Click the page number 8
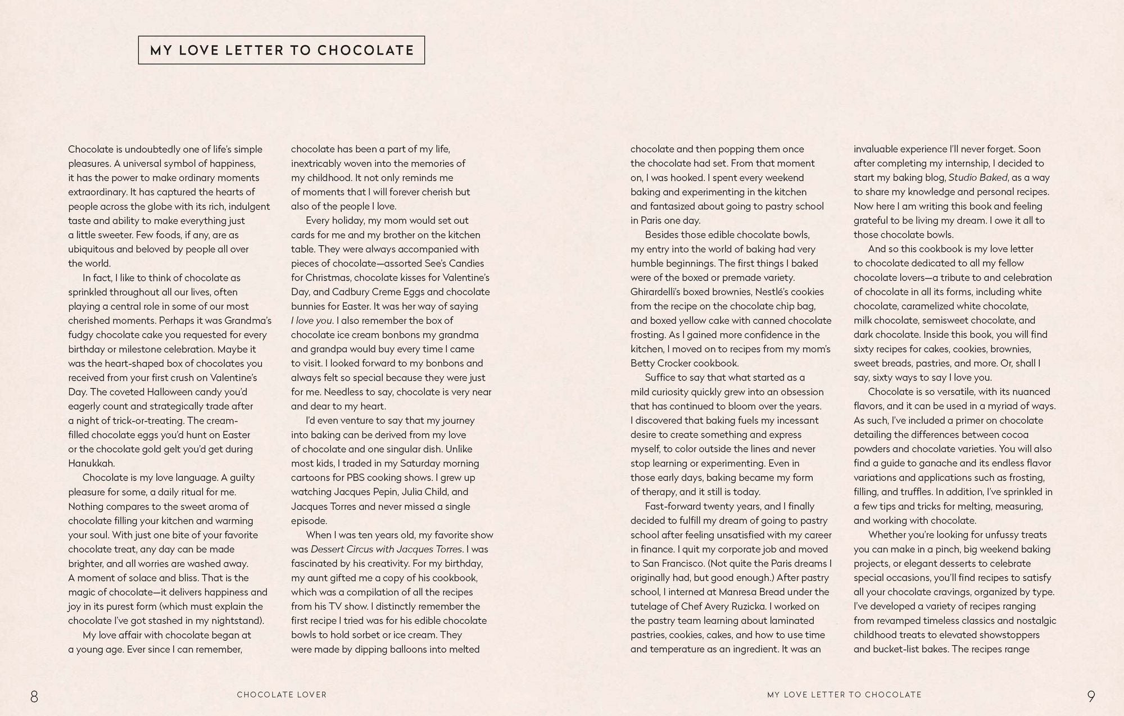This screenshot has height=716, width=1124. [x=34, y=697]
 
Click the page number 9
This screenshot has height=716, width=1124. [x=1091, y=697]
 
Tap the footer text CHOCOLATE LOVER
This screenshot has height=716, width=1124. [x=282, y=695]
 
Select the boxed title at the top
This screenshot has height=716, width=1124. [x=282, y=50]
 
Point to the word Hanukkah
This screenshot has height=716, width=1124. [x=92, y=463]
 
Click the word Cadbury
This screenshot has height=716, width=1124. [x=350, y=292]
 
